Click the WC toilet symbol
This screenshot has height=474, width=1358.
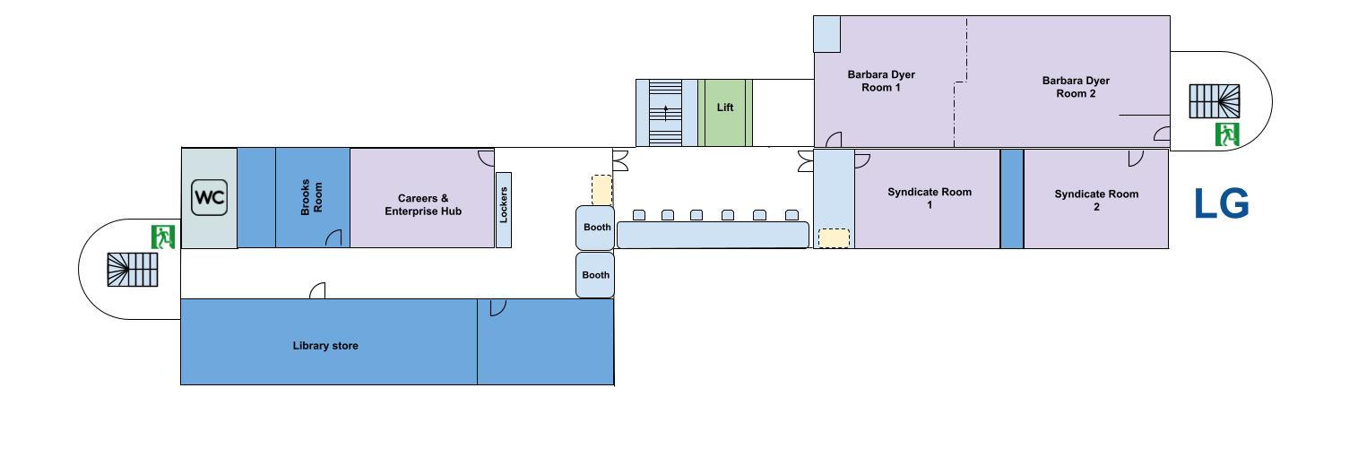209,198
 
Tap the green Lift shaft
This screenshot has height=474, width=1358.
725,113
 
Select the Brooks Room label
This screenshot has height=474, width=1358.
312,197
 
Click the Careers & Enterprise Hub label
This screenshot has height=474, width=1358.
423,205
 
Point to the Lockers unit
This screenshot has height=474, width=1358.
504,211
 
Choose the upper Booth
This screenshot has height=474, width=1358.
595,228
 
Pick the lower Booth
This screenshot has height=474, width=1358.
595,275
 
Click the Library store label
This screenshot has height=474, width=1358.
325,346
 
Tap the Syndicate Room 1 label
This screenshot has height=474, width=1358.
930,198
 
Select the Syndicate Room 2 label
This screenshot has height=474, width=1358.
1096,200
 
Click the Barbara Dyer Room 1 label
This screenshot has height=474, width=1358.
881,81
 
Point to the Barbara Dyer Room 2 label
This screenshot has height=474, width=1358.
1076,87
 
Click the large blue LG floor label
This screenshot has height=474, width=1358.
1222,203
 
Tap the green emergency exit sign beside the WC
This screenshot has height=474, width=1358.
163,237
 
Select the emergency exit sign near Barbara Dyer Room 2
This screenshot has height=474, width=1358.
1227,134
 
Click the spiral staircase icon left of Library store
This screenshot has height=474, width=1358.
133,270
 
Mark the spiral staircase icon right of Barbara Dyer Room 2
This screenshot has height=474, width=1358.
1215,101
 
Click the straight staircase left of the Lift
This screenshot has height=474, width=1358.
666,113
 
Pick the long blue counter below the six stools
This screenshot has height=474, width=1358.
713,235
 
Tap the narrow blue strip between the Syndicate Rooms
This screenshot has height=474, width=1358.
1012,199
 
